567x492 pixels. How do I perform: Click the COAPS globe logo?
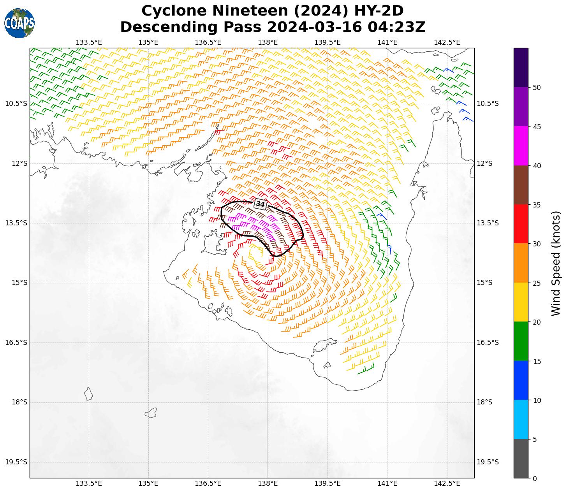point(19,23)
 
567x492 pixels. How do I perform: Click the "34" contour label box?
point(260,204)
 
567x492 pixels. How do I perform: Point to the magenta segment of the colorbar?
point(521,146)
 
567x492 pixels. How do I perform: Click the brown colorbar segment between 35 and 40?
point(521,185)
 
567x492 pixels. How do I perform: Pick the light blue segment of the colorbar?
point(521,420)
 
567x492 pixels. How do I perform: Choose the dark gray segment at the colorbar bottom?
point(521,459)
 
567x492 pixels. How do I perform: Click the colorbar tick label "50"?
point(537,88)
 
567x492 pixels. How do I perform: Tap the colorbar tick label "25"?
point(537,283)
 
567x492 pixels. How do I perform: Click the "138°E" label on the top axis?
point(268,42)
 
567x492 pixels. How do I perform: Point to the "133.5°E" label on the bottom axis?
point(89,483)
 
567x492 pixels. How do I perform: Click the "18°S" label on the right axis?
point(484,402)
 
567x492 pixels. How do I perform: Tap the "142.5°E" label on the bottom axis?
point(447,483)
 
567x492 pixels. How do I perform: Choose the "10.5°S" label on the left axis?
point(16,104)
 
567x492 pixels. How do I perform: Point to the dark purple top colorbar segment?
point(521,67)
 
